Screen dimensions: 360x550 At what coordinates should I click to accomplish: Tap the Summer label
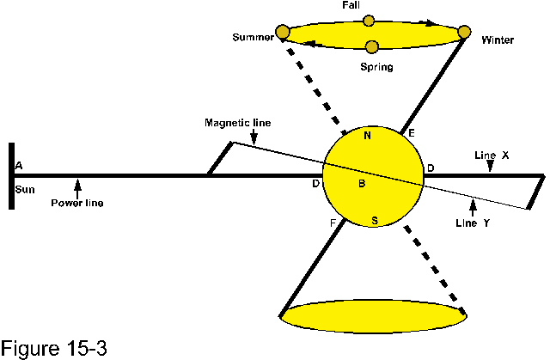[253, 38]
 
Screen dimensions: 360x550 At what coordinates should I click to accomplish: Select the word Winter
[498, 40]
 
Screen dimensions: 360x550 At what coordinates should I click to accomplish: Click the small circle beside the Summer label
[282, 33]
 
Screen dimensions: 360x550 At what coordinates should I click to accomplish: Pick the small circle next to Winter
[465, 33]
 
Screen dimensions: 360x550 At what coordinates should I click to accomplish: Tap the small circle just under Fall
[369, 21]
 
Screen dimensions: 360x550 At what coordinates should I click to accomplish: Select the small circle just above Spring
[371, 46]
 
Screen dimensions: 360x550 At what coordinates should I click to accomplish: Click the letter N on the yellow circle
[368, 135]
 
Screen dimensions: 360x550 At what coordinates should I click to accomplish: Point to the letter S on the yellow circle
[374, 221]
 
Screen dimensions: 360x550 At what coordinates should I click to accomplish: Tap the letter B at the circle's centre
[362, 182]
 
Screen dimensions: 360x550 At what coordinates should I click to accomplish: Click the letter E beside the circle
[411, 133]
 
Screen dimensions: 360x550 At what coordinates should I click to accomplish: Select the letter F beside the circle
[333, 223]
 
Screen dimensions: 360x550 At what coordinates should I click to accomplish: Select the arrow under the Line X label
[490, 168]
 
